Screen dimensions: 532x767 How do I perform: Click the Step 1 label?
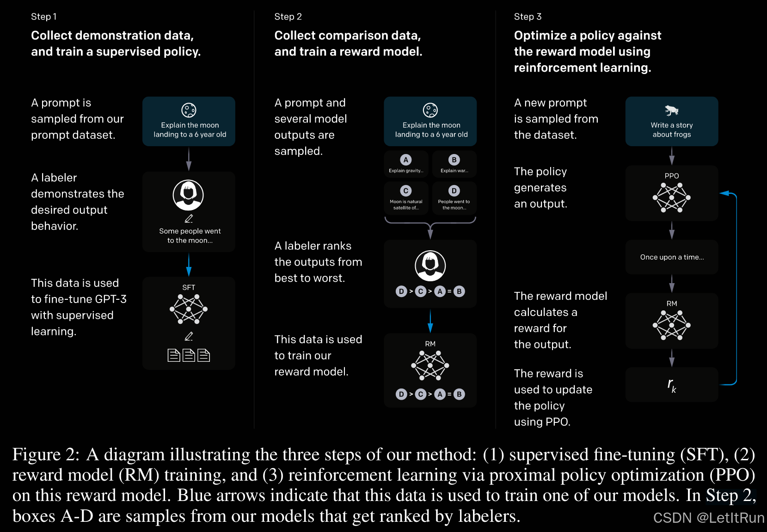44,17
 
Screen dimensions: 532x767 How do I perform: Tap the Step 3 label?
528,17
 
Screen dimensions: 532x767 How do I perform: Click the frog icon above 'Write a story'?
671,110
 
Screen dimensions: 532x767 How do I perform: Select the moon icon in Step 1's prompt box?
189,110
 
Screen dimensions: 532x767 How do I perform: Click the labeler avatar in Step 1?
188,195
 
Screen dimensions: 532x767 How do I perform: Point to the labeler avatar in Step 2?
430,266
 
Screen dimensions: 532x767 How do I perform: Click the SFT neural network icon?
189,309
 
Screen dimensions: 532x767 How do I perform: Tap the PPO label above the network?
671,176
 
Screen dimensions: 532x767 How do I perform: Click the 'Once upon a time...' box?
672,257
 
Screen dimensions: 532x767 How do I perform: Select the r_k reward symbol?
671,384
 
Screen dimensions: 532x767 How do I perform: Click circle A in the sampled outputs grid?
406,160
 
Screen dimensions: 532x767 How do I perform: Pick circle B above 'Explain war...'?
454,160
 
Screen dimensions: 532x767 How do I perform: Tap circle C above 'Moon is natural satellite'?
406,191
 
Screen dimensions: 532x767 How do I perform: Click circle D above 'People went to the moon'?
454,191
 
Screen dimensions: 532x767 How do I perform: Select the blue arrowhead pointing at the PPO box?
724,193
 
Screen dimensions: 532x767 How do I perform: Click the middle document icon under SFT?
189,355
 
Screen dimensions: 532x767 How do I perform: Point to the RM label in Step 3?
671,303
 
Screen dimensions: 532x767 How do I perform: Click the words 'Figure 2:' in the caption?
46,455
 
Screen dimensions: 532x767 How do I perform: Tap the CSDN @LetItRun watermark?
709,518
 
